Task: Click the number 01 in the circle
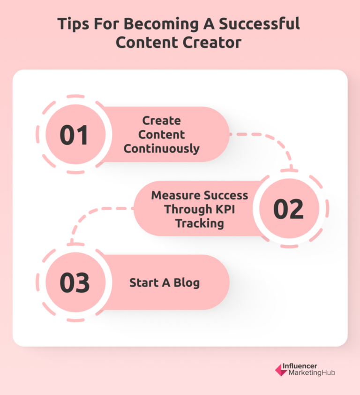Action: (x=74, y=135)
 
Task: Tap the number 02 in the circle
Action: (x=288, y=209)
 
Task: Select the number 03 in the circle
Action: (x=74, y=283)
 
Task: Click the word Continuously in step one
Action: (x=162, y=149)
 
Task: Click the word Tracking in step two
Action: (x=199, y=223)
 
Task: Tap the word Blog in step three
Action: (x=186, y=283)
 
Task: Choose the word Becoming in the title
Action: (x=156, y=24)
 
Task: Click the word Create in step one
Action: (x=162, y=121)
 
